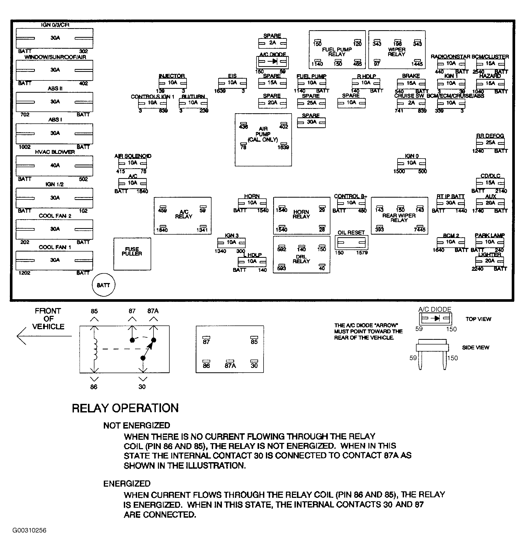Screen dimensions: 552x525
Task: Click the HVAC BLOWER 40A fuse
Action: (55, 166)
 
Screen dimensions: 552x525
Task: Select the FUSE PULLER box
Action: (132, 254)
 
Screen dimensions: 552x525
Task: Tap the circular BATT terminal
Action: (103, 285)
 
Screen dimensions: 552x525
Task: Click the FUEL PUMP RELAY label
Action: (337, 52)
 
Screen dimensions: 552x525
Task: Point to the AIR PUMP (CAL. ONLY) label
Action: (263, 134)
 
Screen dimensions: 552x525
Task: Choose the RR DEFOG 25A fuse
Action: (490, 143)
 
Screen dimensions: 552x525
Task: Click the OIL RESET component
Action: (351, 242)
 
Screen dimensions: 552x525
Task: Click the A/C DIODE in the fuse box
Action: (272, 62)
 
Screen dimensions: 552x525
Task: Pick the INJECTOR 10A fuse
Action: (173, 83)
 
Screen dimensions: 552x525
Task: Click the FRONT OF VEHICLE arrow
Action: (43, 336)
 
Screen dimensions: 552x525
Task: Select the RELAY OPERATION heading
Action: (125, 408)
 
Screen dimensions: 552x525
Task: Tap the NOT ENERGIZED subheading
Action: (137, 425)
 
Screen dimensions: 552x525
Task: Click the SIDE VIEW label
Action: (476, 348)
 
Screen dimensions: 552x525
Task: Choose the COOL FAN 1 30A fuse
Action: (55, 260)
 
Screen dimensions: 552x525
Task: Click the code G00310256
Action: (29, 530)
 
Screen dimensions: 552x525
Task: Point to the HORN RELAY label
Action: (301, 214)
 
